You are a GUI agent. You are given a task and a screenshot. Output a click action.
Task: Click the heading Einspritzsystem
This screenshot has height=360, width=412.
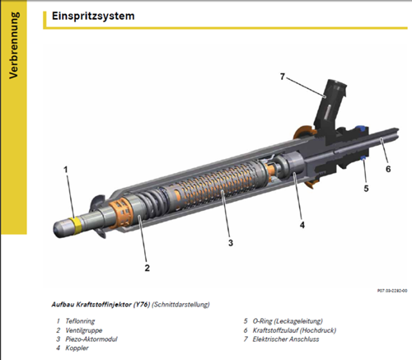point(93,16)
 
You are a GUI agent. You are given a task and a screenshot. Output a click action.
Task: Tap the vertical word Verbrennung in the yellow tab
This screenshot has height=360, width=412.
point(13,45)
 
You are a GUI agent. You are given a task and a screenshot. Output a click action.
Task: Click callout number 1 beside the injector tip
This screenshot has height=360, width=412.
point(65,170)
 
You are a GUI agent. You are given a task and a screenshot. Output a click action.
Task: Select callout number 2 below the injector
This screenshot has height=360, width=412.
point(147,268)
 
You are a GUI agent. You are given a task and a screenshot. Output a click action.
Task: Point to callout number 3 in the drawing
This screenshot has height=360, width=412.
point(231,243)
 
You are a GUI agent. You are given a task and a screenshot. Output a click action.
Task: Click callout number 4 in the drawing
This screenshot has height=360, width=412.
point(302,225)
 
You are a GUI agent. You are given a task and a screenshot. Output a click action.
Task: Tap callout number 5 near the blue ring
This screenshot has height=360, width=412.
point(366,189)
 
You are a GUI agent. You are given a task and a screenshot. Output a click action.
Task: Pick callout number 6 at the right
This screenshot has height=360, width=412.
point(388,169)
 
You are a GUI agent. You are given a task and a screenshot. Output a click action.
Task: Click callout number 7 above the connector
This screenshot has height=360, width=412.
point(283,77)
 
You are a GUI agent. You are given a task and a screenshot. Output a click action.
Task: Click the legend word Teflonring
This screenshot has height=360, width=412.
point(80,321)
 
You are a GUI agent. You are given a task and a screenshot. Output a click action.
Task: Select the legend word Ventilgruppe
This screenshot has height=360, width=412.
point(84,330)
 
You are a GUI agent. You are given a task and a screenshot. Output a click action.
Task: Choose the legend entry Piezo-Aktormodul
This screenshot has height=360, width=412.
point(91,339)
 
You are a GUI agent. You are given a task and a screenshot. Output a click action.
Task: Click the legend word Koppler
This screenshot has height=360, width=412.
point(77,348)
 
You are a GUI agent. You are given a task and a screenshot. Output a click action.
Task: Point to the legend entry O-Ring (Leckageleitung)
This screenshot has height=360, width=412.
point(288,321)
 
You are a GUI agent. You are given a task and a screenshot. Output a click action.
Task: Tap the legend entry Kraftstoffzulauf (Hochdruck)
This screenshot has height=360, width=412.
point(294,330)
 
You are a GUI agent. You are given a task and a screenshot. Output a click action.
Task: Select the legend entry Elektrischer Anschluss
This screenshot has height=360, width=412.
point(286,339)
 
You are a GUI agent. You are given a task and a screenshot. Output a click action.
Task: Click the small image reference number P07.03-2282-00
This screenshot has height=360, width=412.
point(392,291)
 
